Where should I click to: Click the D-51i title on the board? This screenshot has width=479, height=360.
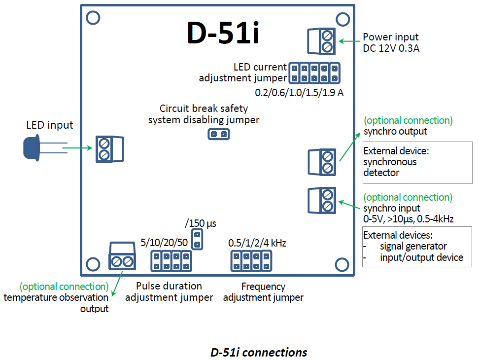pyautogui.click(x=223, y=33)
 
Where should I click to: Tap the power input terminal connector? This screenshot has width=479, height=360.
pyautogui.click(x=321, y=41)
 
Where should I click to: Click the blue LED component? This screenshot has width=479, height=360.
pyautogui.click(x=32, y=148)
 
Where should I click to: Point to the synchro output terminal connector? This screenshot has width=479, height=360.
pyautogui.click(x=321, y=162)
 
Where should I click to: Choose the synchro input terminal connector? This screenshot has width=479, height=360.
pyautogui.click(x=321, y=200)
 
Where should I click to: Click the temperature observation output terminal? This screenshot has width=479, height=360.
pyautogui.click(x=122, y=256)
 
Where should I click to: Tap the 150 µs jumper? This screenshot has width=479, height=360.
pyautogui.click(x=197, y=239)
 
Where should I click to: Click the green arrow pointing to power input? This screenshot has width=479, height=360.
pyautogui.click(x=349, y=41)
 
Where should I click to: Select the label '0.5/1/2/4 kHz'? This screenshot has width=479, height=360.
pyautogui.click(x=257, y=243)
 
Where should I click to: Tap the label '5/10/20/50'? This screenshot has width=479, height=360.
pyautogui.click(x=164, y=243)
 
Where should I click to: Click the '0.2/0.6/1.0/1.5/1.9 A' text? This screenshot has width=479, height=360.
pyautogui.click(x=299, y=92)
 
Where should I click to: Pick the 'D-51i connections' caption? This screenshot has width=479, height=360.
pyautogui.click(x=258, y=352)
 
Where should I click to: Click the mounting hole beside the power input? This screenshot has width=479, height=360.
pyautogui.click(x=343, y=18)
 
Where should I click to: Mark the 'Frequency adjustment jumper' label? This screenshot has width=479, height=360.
pyautogui.click(x=263, y=292)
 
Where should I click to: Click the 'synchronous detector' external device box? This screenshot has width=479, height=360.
pyautogui.click(x=417, y=163)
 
